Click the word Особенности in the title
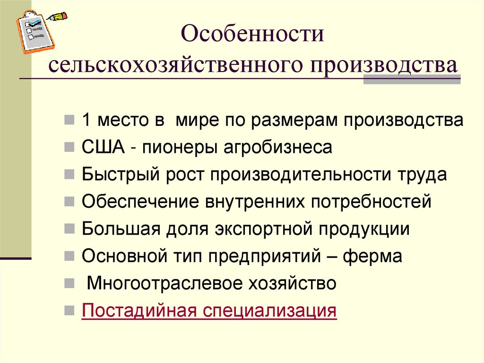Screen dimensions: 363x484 pos(253,36)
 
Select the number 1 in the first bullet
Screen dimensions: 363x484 pos(86,120)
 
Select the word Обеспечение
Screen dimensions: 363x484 pos(139,202)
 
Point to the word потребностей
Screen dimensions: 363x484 pos(371,202)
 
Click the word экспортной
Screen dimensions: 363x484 pos(265,230)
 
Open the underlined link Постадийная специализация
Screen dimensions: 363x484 pos(209,311)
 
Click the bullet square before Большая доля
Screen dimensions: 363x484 pos(69,230)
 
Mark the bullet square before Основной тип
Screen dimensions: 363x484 pos(69,257)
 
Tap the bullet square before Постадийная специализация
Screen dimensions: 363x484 pos(69,312)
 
